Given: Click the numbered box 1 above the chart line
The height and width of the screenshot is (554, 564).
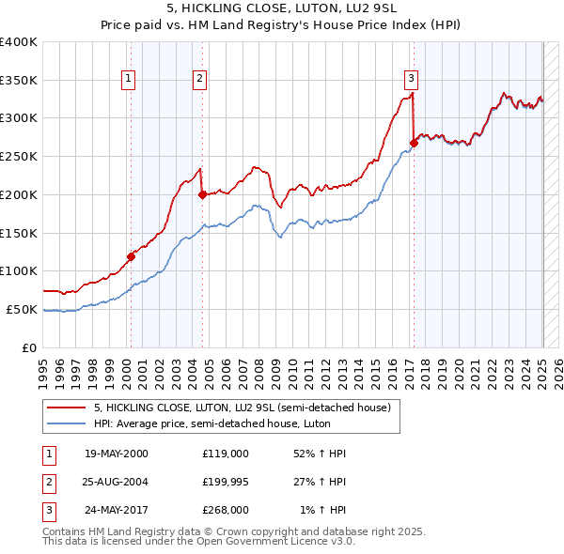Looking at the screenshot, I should [x=128, y=79].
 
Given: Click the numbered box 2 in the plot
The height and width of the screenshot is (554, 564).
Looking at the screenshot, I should [x=200, y=79].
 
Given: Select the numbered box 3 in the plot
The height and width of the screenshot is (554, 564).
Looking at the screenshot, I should [x=412, y=79].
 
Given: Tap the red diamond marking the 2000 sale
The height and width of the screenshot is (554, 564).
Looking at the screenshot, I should [x=131, y=256].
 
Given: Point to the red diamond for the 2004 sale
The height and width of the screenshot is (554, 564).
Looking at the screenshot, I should [x=202, y=195].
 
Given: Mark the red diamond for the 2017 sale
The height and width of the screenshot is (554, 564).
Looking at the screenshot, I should [x=414, y=143].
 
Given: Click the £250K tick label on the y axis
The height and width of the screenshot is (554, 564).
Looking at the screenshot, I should [x=19, y=156].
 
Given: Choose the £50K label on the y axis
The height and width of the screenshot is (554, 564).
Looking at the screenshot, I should [x=23, y=309].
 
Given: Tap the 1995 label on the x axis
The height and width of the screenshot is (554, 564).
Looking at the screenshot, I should [x=43, y=367].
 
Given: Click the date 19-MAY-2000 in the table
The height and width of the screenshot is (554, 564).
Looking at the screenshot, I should [x=117, y=454].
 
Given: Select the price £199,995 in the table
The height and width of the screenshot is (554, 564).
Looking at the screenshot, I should [x=226, y=482].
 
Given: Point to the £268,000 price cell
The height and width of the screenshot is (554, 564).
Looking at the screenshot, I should [x=226, y=510].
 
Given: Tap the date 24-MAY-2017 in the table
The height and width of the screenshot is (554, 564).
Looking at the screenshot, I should [x=117, y=510].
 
